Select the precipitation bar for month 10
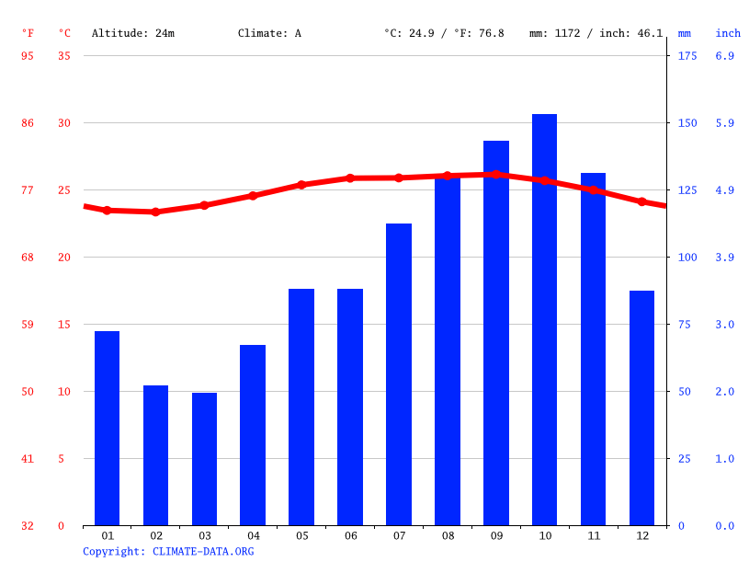pyautogui.click(x=544, y=319)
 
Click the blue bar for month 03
pyautogui.click(x=204, y=459)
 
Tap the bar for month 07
pyautogui.click(x=399, y=374)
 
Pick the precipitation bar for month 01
pyautogui.click(x=107, y=428)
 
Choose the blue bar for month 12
pyautogui.click(x=641, y=407)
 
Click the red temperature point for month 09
pyautogui.click(x=495, y=174)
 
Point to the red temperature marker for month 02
pyautogui.click(x=155, y=212)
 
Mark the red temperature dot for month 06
pyautogui.click(x=350, y=178)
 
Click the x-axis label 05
pyautogui.click(x=301, y=535)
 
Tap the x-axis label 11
pyautogui.click(x=593, y=535)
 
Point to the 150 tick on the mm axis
pyautogui.click(x=687, y=123)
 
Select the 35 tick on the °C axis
pyautogui.click(x=63, y=56)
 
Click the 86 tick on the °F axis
pyautogui.click(x=28, y=123)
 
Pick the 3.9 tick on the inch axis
pyautogui.click(x=725, y=258)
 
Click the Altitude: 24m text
pyautogui.click(x=132, y=33)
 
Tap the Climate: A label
pyautogui.click(x=269, y=33)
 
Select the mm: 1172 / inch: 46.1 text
pyautogui.click(x=596, y=33)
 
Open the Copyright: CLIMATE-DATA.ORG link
pyautogui.click(x=168, y=551)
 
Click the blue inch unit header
pyautogui.click(x=728, y=33)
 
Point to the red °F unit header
pyautogui.click(x=28, y=33)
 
